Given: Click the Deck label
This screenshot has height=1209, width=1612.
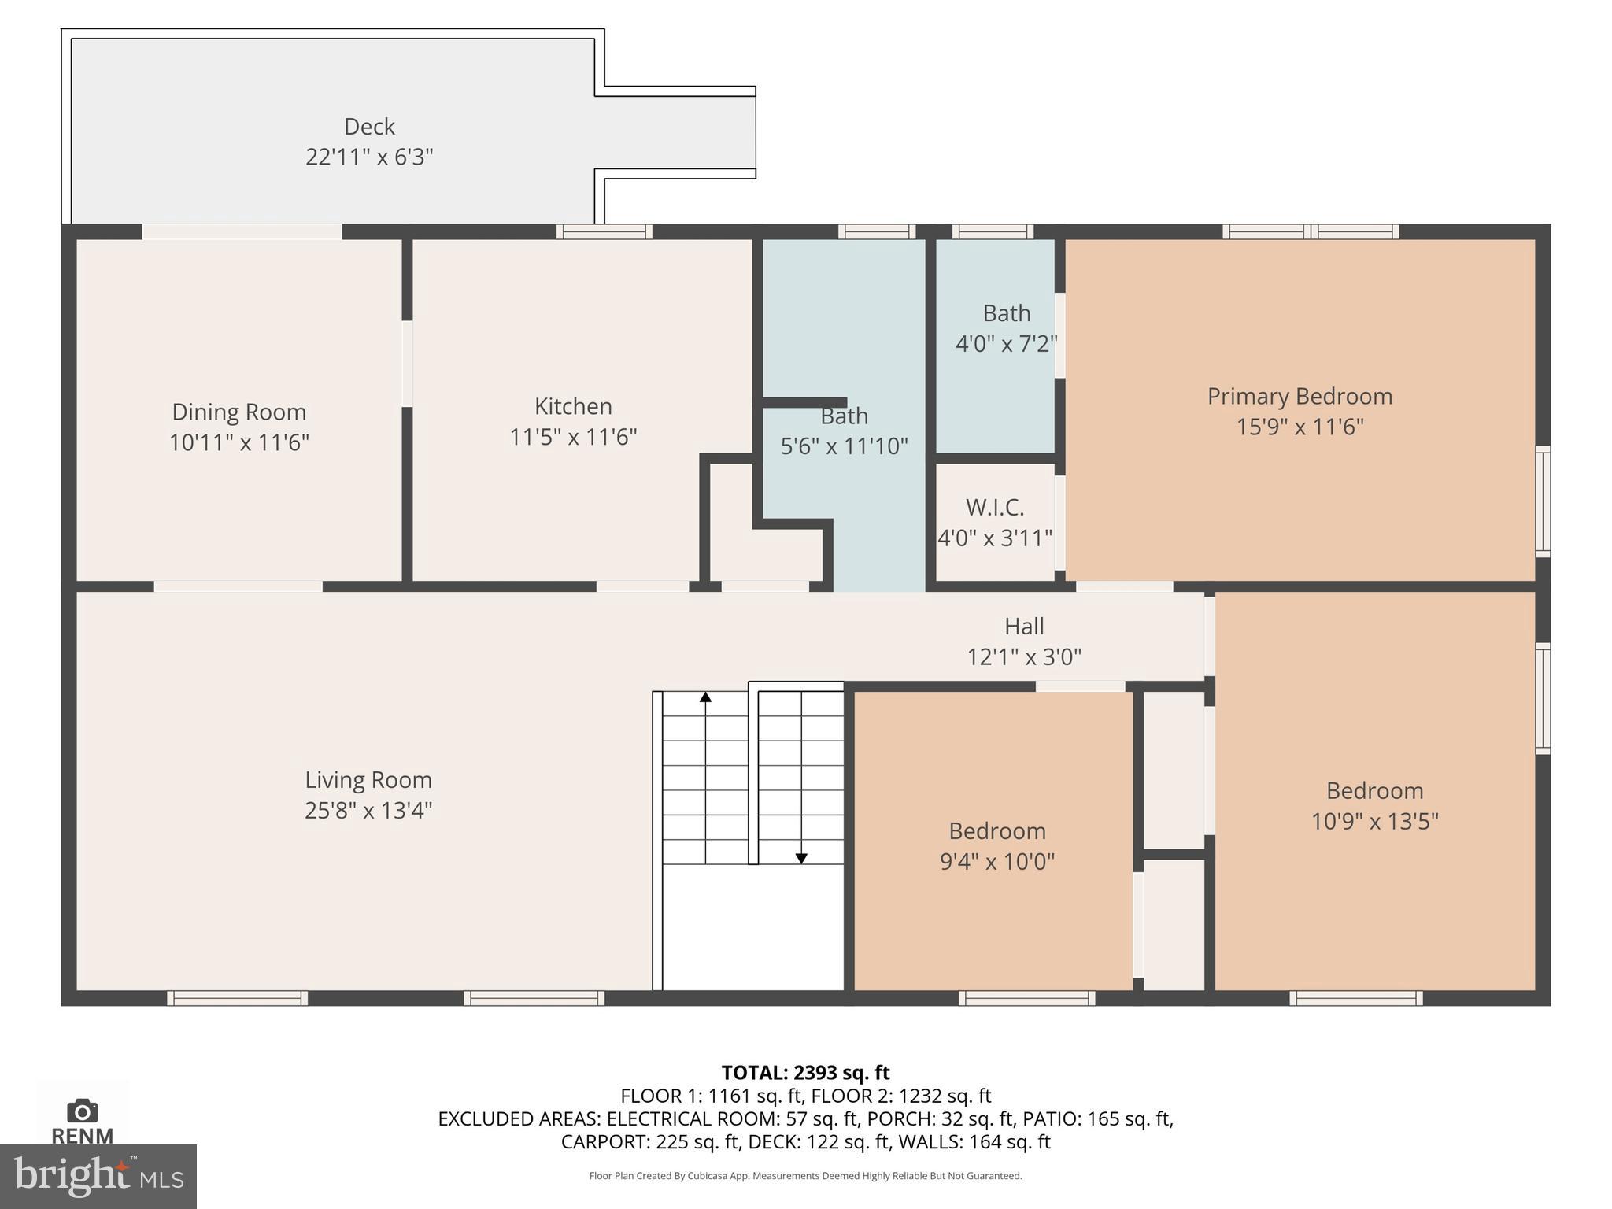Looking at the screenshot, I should click(x=369, y=126).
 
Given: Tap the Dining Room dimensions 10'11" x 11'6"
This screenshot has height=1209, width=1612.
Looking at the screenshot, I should click(x=239, y=442).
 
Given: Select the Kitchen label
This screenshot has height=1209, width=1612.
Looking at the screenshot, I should click(x=573, y=406).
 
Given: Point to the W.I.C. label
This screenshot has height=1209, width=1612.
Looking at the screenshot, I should click(x=995, y=507).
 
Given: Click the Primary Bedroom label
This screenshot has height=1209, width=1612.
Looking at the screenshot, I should click(x=1300, y=396).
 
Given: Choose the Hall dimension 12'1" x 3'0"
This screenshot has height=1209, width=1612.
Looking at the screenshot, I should click(x=1024, y=656).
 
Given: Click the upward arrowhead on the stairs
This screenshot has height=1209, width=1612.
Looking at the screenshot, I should click(x=706, y=697).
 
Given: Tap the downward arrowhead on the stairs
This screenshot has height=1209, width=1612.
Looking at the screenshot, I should click(x=801, y=859).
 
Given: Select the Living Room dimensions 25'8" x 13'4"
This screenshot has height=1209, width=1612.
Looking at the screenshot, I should click(x=368, y=810).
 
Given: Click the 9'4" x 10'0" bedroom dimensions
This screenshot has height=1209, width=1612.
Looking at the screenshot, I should click(x=997, y=861).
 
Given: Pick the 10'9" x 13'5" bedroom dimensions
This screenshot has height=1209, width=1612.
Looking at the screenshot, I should click(x=1374, y=821).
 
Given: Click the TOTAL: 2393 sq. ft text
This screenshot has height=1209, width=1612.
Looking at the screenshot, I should click(x=805, y=1073).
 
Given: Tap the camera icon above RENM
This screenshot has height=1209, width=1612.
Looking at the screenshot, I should click(x=82, y=1111).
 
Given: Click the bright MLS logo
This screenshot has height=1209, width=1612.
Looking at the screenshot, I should click(x=98, y=1176).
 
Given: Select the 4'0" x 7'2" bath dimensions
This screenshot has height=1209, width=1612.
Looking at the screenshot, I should click(x=1006, y=344).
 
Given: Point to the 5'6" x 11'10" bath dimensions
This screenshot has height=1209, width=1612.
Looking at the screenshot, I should click(x=844, y=446).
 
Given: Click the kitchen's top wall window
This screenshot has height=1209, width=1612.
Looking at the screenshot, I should click(x=604, y=231).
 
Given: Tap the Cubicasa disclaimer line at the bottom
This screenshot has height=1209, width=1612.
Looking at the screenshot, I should click(x=805, y=1176).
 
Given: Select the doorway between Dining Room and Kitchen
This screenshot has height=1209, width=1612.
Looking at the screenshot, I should click(x=407, y=364).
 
